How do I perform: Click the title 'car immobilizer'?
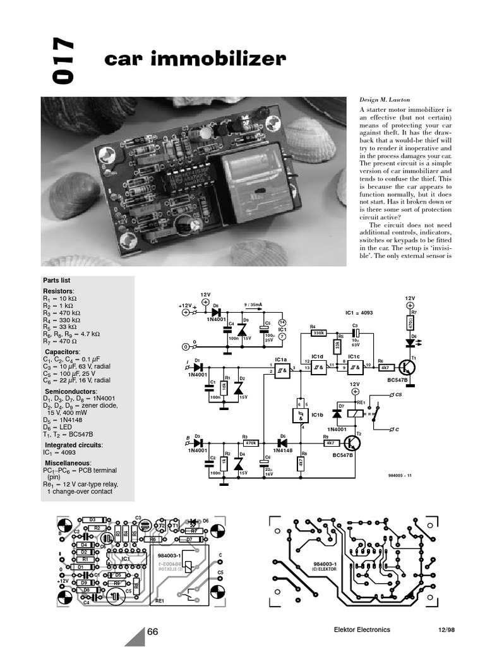click(x=195, y=59)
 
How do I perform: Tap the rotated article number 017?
click(x=63, y=61)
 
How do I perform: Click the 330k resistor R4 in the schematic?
click(x=318, y=332)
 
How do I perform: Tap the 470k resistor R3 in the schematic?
click(x=249, y=444)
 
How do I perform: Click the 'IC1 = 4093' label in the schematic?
click(x=359, y=313)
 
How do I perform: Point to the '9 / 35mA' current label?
click(x=253, y=305)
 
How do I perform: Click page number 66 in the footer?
click(x=152, y=630)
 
